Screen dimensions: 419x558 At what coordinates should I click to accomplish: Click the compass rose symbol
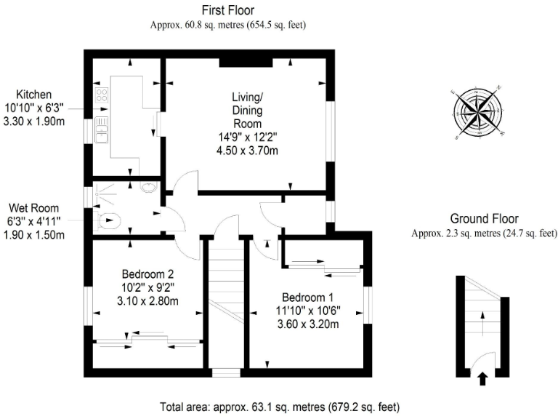[478, 113]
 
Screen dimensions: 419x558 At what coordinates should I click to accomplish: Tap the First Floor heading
[227, 9]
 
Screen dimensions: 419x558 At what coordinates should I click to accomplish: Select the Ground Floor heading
[483, 218]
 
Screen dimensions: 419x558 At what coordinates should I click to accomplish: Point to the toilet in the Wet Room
[107, 220]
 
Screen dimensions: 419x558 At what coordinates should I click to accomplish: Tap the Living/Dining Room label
[247, 110]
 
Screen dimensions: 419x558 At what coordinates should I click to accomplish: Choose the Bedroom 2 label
[147, 274]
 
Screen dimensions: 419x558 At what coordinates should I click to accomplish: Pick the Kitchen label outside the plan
[34, 95]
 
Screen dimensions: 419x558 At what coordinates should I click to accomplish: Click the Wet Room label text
[34, 208]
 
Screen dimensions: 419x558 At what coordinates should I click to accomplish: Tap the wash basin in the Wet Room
[150, 188]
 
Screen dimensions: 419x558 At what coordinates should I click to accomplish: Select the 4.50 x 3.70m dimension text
[247, 151]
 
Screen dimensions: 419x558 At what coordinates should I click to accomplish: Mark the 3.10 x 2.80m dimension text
[147, 300]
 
